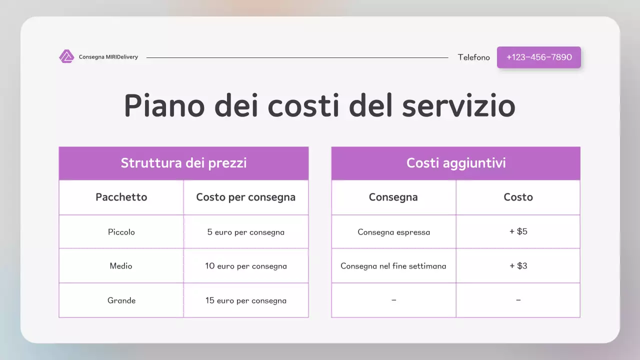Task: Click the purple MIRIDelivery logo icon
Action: [66, 56]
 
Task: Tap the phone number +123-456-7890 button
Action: [538, 57]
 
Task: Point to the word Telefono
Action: [473, 57]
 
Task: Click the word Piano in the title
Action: [164, 105]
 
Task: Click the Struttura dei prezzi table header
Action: [183, 163]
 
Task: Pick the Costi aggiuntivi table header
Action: [455, 163]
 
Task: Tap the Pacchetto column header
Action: [121, 197]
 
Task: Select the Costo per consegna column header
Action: [245, 197]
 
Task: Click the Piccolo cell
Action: [121, 232]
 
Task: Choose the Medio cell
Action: [121, 266]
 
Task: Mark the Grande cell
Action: [121, 300]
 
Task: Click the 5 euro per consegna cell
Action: [245, 232]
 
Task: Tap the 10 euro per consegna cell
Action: [245, 266]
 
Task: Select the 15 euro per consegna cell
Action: [245, 300]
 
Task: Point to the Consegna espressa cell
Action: [393, 232]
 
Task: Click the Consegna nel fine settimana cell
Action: [393, 266]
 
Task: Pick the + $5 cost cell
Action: [518, 232]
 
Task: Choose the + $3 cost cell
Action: [518, 266]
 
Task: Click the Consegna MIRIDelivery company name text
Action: [108, 57]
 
